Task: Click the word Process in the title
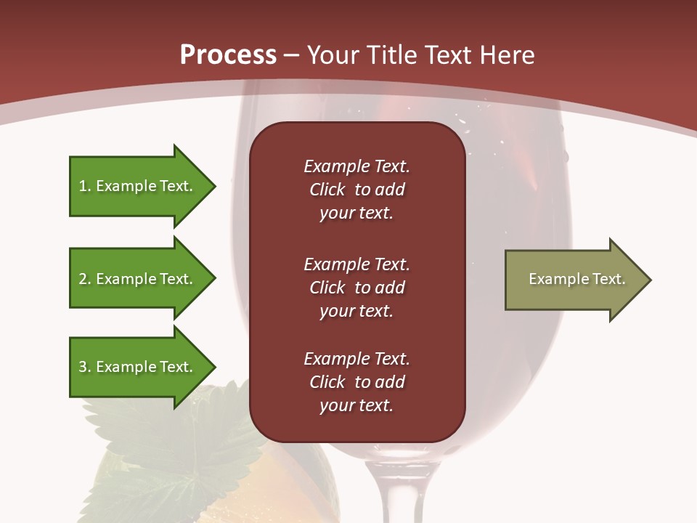tap(228, 55)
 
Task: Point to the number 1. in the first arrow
tap(85, 187)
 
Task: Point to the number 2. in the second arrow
tap(85, 280)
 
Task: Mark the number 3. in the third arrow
tap(85, 368)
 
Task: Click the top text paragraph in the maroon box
tap(356, 190)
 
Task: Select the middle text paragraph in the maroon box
tap(356, 288)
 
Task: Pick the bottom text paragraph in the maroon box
tap(356, 382)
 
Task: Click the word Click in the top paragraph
tap(327, 190)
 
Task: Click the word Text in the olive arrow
tap(608, 279)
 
